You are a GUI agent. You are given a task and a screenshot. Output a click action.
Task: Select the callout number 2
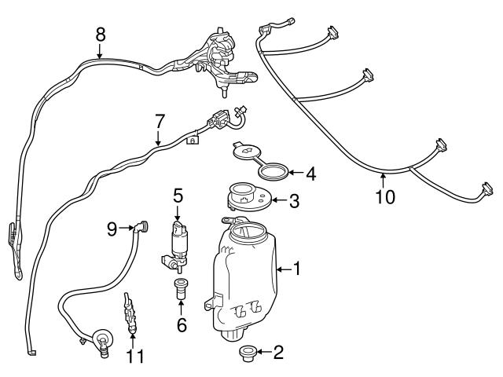[277, 353]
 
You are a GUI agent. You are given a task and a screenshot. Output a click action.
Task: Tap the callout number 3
[294, 202]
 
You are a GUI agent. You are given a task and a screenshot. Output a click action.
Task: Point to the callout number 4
[310, 173]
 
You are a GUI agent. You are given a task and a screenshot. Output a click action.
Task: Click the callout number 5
[178, 193]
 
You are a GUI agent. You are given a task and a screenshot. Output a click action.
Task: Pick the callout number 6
[182, 324]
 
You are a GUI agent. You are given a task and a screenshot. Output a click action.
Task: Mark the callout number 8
[100, 35]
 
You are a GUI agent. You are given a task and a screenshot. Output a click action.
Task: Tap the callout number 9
[112, 229]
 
